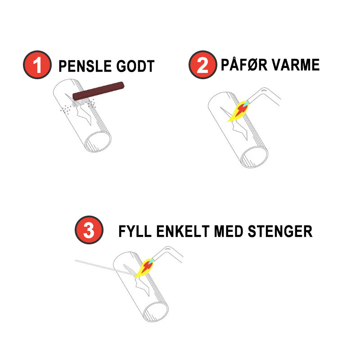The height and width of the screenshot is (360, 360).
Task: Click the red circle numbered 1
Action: click(37, 65)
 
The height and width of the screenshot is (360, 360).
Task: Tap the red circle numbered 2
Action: click(203, 65)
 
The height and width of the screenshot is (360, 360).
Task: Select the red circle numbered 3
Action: click(89, 230)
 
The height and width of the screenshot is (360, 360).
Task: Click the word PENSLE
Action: click(85, 66)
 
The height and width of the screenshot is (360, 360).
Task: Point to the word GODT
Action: click(135, 66)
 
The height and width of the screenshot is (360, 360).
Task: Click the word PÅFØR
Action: click(244, 64)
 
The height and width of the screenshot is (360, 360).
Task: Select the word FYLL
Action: click(135, 231)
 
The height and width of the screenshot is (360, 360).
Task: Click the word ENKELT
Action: click(183, 231)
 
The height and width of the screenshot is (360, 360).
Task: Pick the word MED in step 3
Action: click(229, 231)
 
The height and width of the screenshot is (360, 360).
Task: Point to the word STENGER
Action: click(280, 231)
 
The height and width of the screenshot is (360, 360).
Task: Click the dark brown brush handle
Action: click(99, 91)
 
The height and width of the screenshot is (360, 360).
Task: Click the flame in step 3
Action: click(144, 268)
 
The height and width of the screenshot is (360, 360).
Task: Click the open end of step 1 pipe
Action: click(98, 141)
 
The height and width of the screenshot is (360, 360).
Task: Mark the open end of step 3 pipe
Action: click(156, 310)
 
